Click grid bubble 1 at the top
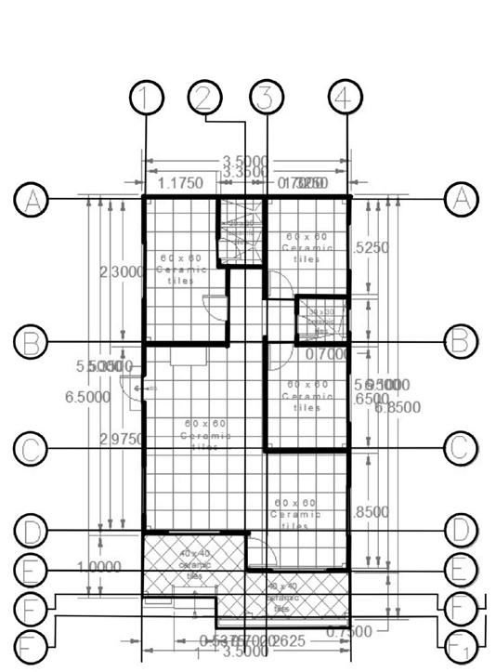[147, 98]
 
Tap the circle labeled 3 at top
[266, 98]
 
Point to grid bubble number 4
[346, 98]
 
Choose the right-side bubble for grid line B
[461, 341]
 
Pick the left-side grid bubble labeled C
[31, 449]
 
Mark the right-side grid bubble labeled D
[461, 531]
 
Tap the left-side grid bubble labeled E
[31, 570]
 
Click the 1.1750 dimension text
[181, 183]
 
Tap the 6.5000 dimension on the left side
[87, 397]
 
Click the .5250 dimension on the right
[372, 248]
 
